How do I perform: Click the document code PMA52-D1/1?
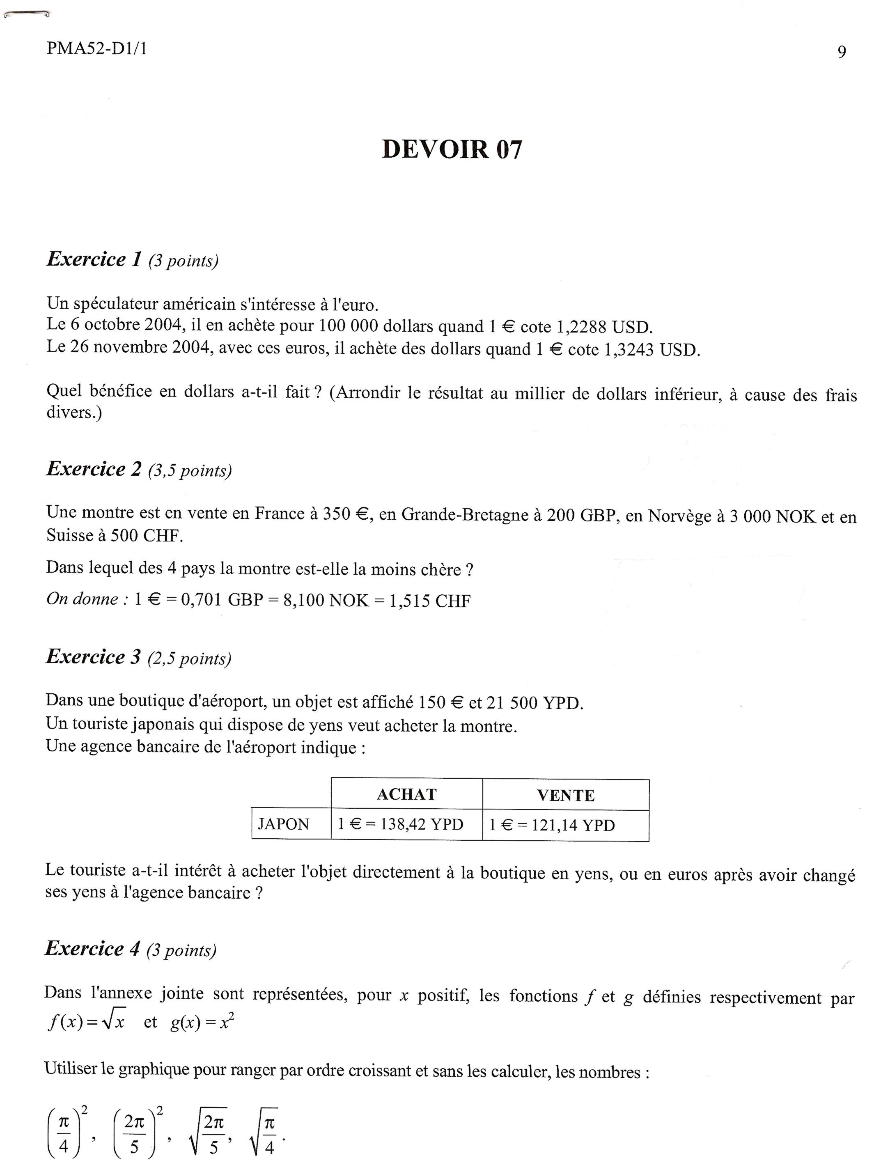click(97, 49)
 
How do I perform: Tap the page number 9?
click(841, 52)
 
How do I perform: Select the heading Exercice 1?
click(94, 259)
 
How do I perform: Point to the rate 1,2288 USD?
click(604, 327)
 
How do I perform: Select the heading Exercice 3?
click(94, 657)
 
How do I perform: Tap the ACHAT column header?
click(406, 794)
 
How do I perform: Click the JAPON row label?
click(284, 824)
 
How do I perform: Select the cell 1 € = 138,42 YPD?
click(401, 824)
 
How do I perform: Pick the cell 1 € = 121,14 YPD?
click(552, 825)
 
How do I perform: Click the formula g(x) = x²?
click(202, 1023)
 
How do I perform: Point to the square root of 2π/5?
click(209, 1130)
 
